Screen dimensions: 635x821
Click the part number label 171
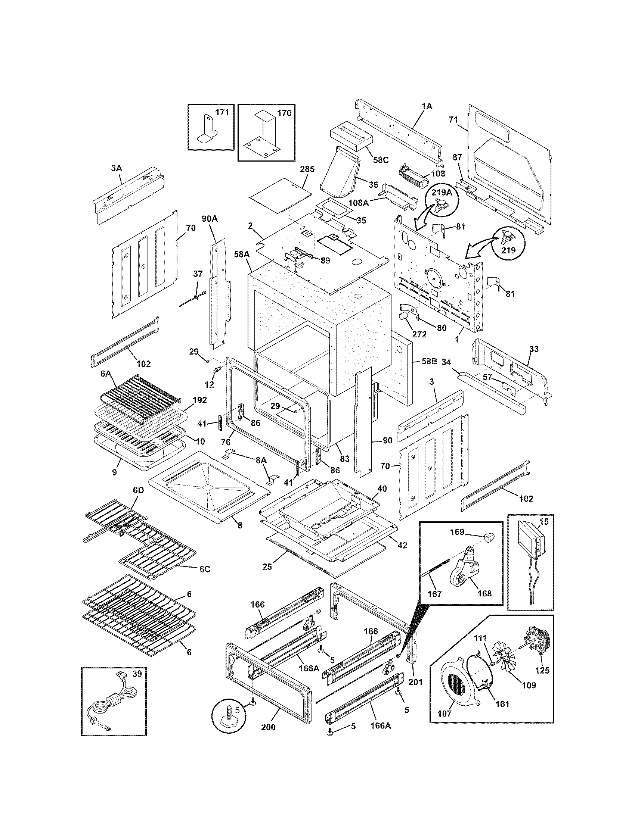(222, 112)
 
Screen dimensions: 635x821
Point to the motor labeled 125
(537, 641)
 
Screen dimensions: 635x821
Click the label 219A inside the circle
(441, 193)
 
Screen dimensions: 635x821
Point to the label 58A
(242, 255)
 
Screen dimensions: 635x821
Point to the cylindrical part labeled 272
(405, 315)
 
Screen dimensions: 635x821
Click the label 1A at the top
(427, 106)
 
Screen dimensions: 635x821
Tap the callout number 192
(200, 400)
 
